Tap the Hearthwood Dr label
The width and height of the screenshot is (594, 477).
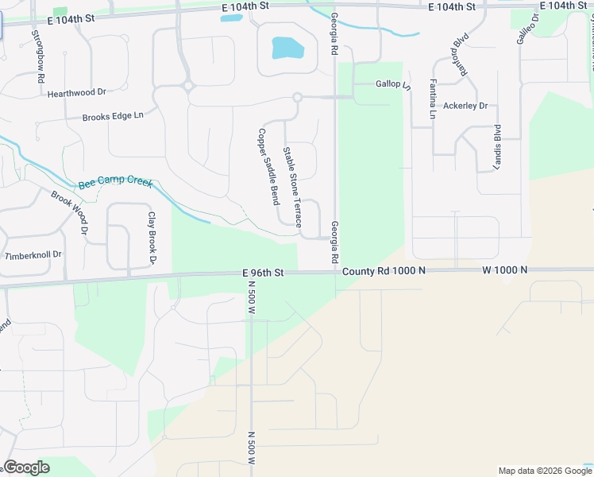click(76, 93)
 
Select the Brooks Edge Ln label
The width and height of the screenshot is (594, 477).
click(113, 117)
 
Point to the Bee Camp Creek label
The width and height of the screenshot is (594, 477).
click(115, 184)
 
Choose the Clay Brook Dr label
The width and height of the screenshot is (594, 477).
click(151, 238)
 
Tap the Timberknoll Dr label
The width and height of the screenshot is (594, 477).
click(33, 256)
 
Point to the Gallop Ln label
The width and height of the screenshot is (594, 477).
click(393, 83)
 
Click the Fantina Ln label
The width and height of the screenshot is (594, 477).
click(433, 99)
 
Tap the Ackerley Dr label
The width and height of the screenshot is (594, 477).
click(465, 106)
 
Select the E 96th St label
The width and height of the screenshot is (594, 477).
click(263, 273)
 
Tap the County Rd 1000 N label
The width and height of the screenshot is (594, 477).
click(384, 271)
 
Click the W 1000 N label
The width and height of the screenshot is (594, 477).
click(504, 270)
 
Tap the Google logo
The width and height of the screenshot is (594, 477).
click(25, 467)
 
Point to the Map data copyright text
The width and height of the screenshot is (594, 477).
click(544, 471)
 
